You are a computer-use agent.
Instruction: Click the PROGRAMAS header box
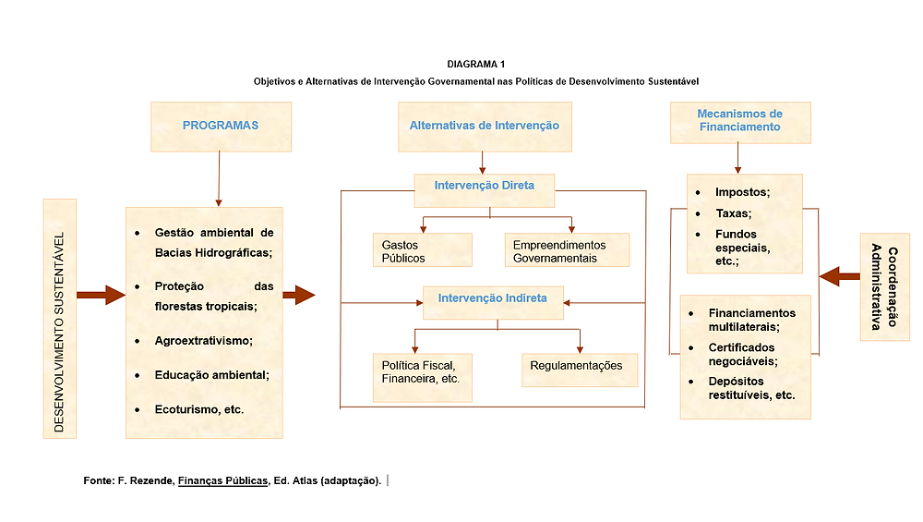221,127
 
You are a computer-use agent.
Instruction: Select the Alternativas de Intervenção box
485,127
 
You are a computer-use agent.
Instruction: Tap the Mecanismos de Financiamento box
740,123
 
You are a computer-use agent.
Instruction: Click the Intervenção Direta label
484,186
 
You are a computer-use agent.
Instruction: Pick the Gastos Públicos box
422,249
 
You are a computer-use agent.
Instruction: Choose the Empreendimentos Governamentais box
567,249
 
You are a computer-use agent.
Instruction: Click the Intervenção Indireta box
493,303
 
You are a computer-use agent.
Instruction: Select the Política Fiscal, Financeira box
422,378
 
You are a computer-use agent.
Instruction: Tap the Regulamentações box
580,370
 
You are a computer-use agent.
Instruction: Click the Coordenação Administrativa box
884,287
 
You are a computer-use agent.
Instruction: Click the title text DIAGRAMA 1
475,65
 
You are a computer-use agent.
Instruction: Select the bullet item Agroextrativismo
203,341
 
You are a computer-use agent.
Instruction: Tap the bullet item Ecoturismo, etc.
199,409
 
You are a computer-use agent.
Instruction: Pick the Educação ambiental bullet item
211,375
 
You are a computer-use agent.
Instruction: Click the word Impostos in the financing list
741,192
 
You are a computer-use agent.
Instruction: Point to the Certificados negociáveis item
742,354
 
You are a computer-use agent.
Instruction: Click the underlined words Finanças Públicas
222,480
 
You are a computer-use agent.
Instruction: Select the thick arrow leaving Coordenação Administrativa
839,276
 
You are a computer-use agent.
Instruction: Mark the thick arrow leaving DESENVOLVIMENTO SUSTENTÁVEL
101,295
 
